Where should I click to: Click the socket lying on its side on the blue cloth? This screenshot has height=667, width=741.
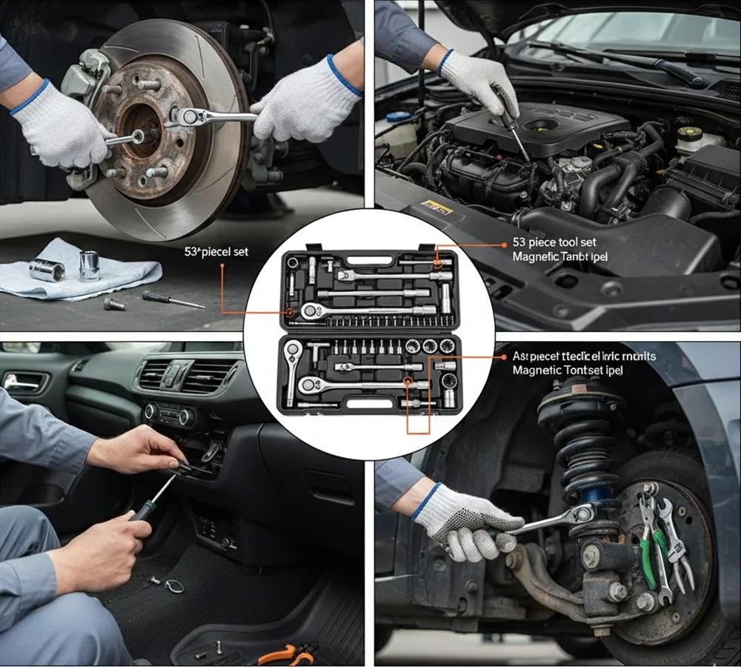pos(47,270)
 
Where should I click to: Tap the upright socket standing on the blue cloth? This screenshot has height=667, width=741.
pos(89,265)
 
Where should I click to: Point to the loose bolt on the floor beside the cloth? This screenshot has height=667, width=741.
pos(114,303)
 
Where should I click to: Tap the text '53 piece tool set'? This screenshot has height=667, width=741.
pos(554,242)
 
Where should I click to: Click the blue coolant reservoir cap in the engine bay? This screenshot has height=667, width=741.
pos(398,117)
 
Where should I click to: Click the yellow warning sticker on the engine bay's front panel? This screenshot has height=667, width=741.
pos(437,210)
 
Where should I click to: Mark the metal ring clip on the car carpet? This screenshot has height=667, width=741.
pos(174,585)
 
